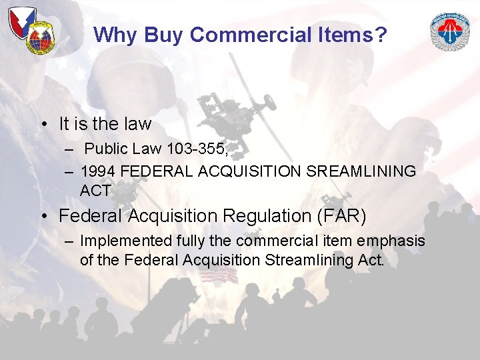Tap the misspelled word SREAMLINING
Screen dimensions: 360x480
point(361,171)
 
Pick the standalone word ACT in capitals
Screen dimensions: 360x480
point(96,191)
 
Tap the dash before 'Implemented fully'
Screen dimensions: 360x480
point(69,241)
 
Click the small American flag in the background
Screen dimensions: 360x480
point(219,275)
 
